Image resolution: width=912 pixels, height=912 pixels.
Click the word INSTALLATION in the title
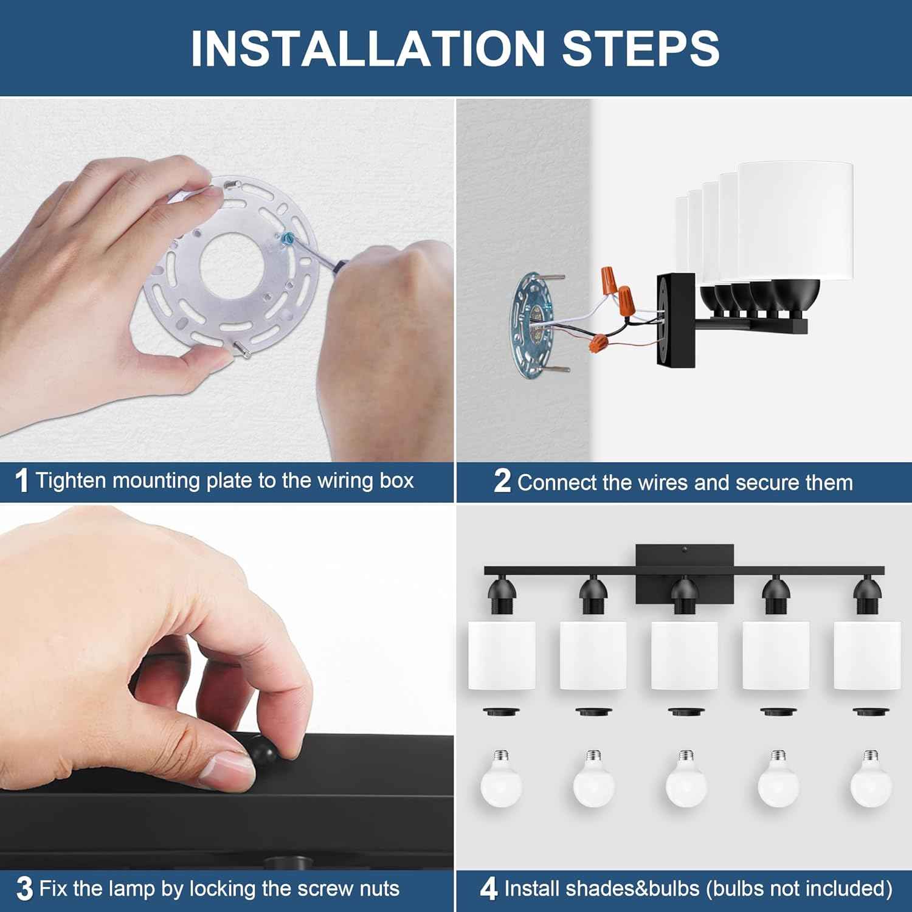(x=368, y=48)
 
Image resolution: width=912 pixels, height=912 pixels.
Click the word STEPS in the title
(x=641, y=48)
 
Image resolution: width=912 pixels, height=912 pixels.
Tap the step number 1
(x=22, y=481)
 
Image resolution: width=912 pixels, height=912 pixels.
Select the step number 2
(x=502, y=481)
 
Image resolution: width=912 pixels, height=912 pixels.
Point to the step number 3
(x=24, y=889)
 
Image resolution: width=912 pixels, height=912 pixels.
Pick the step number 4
(x=489, y=889)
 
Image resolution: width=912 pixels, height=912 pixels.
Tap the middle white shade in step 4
(x=684, y=655)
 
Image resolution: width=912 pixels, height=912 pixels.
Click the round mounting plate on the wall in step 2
(x=534, y=325)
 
